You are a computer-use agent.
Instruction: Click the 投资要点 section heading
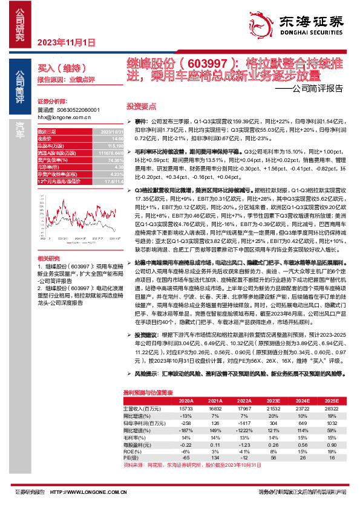point(141,104)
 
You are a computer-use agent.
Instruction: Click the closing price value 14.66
point(106,138)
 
